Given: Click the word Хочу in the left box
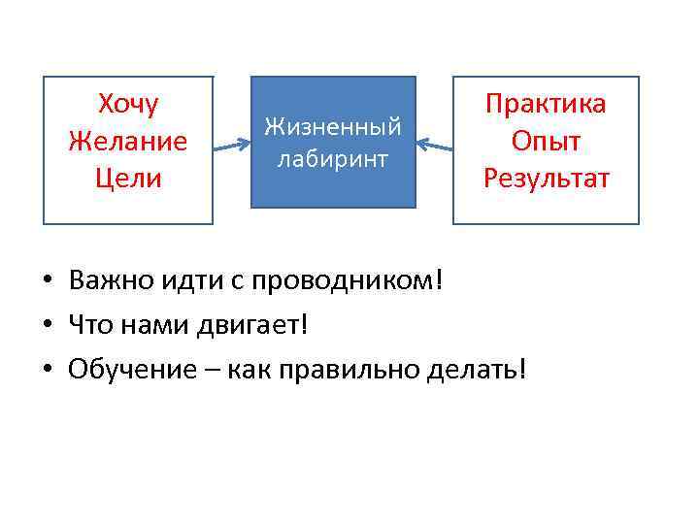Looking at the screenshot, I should tap(128, 104).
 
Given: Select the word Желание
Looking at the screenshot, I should tap(128, 142).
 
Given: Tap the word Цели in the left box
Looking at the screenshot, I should tap(128, 179).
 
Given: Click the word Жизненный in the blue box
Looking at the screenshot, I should tap(333, 127).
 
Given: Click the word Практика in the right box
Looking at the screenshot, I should tap(546, 104).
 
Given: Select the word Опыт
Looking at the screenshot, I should tap(546, 142).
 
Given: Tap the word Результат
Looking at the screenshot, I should tap(546, 179).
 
